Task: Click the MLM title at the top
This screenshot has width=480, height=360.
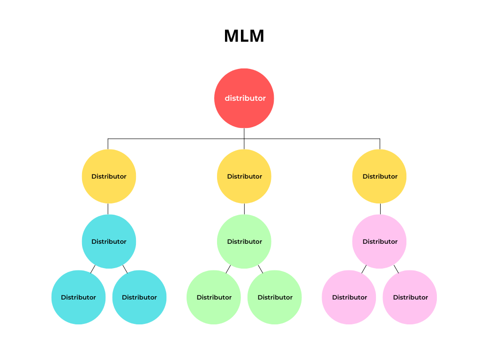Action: pyautogui.click(x=244, y=36)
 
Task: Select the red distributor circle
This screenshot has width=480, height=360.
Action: pyautogui.click(x=244, y=98)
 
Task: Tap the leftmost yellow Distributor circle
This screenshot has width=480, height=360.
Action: pyautogui.click(x=109, y=176)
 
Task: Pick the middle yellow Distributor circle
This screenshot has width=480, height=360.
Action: pyautogui.click(x=244, y=176)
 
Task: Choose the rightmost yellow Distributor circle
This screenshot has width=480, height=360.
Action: pyautogui.click(x=379, y=176)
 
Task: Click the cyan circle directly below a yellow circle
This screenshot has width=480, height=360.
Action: pyautogui.click(x=109, y=241)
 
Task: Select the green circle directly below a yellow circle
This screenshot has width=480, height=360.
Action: pyautogui.click(x=244, y=241)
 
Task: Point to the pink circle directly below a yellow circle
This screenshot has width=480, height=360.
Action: pyautogui.click(x=379, y=241)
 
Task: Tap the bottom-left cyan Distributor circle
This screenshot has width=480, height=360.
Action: pyautogui.click(x=78, y=297)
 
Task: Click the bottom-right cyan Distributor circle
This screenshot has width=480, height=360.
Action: pyautogui.click(x=139, y=297)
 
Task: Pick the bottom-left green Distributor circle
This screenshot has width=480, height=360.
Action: pyautogui.click(x=214, y=297)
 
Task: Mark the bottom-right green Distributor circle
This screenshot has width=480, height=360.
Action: pyautogui.click(x=274, y=297)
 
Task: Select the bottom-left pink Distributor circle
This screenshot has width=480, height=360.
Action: pyautogui.click(x=349, y=297)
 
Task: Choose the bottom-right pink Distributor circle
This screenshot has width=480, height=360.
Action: pyautogui.click(x=410, y=297)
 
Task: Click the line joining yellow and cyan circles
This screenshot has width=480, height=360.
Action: pyautogui.click(x=108, y=209)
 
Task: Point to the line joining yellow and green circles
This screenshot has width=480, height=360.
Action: pyautogui.click(x=244, y=209)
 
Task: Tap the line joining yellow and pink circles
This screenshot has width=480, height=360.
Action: pyautogui.click(x=380, y=209)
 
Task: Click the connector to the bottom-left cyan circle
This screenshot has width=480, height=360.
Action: pyautogui.click(x=93, y=269)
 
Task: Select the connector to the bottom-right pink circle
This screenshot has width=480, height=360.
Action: pyautogui.click(x=396, y=269)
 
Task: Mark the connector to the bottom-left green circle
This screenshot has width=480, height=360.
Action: pyautogui.click(x=228, y=269)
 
